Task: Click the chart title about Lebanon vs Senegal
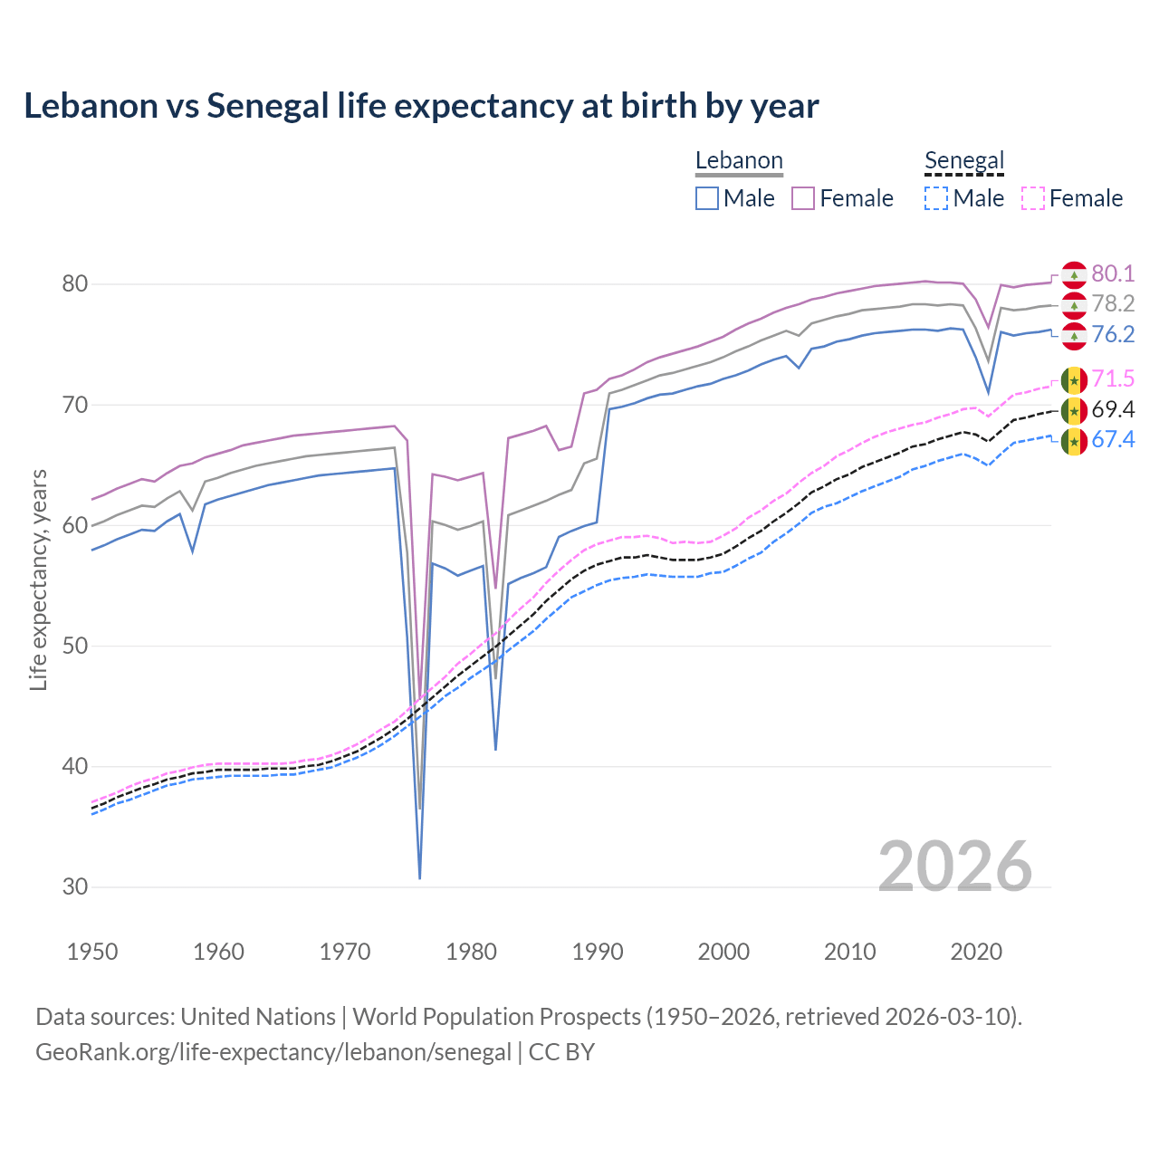point(421,106)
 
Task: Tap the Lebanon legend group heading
point(739,161)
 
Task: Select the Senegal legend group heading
point(964,161)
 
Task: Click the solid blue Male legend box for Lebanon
point(707,198)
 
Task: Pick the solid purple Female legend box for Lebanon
point(803,198)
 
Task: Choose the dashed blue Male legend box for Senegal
point(936,198)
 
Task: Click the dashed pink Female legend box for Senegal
point(1033,198)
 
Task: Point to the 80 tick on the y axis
point(74,284)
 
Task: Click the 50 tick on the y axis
point(74,646)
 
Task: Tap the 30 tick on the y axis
point(74,886)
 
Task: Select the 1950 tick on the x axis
point(92,952)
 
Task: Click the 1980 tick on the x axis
point(471,952)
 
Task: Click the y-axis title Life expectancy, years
point(38,579)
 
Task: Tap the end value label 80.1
point(1113,273)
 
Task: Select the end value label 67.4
point(1113,440)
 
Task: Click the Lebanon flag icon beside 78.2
point(1074,305)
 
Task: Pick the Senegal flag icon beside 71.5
point(1074,380)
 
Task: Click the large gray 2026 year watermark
point(955,867)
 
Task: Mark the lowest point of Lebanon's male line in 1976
point(420,877)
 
